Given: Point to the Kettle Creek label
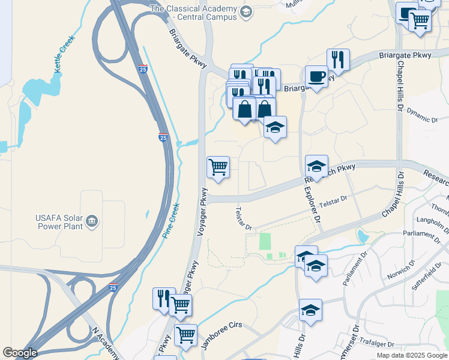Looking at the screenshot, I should tap(65, 55).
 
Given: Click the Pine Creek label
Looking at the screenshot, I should tap(170, 220).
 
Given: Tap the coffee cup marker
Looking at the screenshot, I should tap(316, 76).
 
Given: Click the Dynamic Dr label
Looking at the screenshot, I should tap(423, 115).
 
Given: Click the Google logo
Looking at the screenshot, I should tap(20, 353).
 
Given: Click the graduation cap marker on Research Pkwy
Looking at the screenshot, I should tap(316, 166).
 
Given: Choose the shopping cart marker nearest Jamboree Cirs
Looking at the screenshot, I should tap(185, 335).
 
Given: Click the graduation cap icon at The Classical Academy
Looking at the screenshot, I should tap(246, 12).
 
